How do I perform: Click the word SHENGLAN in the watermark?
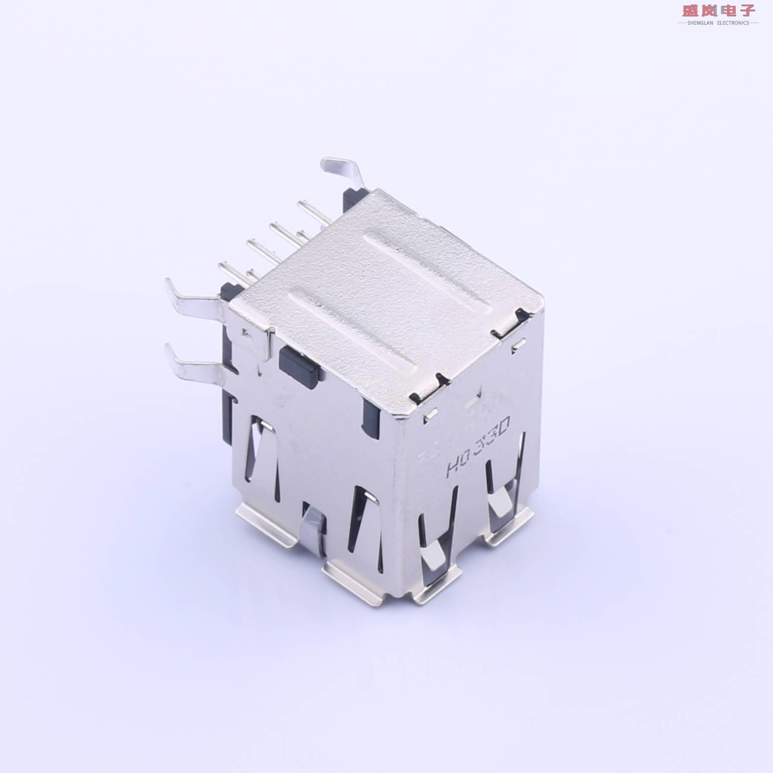coord(700,23)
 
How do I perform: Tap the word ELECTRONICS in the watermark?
coord(733,23)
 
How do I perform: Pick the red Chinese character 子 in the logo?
coord(747,10)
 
